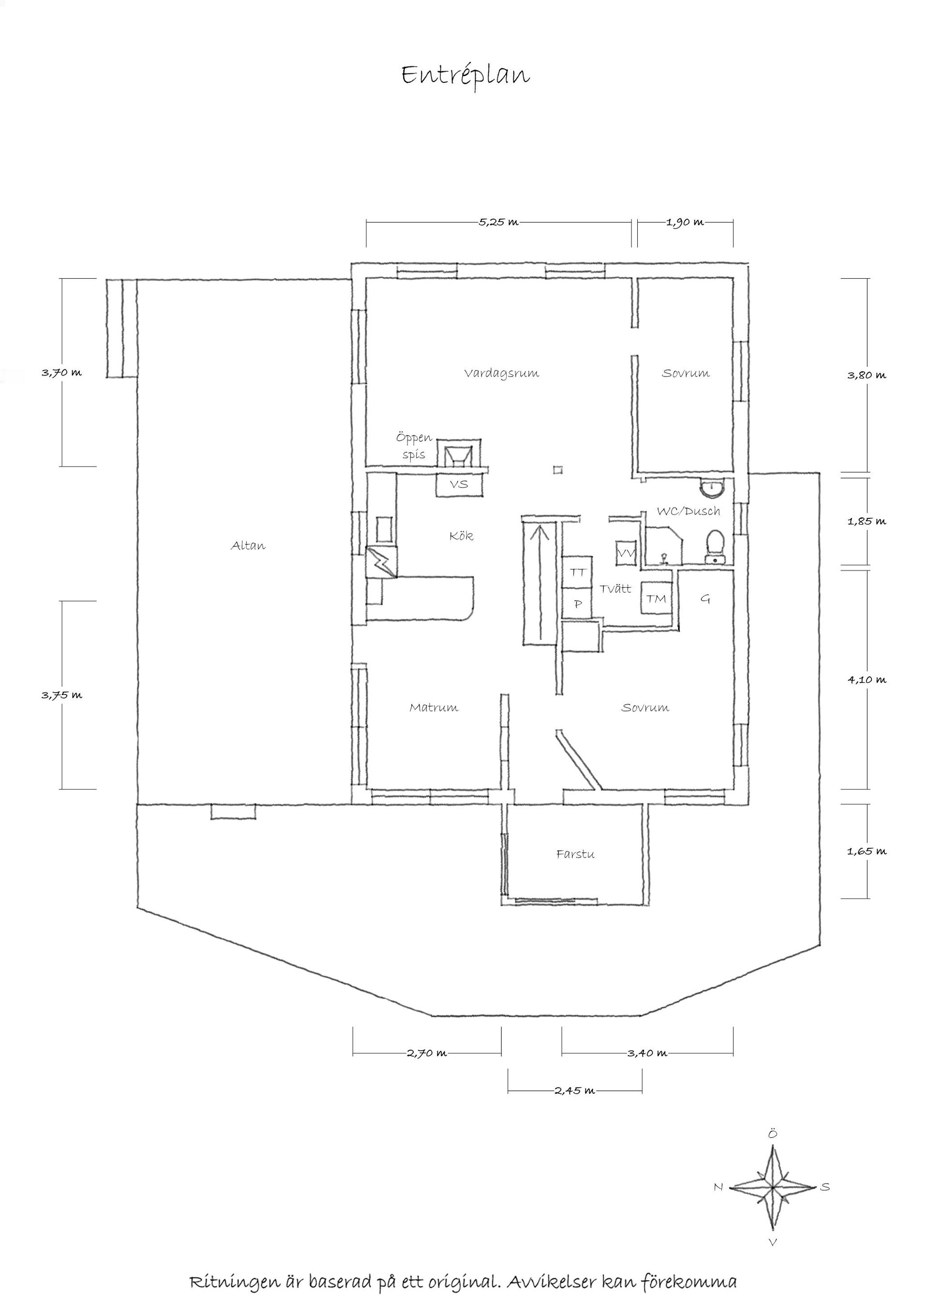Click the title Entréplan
coord(465,76)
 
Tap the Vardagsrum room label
coord(501,374)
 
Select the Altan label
coord(248,545)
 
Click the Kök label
coord(461,536)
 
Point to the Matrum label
coord(434,708)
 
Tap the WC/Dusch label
coord(688,511)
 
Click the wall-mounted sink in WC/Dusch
coord(711,487)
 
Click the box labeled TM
coord(656,599)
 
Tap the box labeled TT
coord(578,572)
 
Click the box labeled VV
coord(626,553)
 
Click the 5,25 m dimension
coord(499,222)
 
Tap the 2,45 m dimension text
coord(575,1091)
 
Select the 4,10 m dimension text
coord(867,680)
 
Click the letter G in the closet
coord(705,599)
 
